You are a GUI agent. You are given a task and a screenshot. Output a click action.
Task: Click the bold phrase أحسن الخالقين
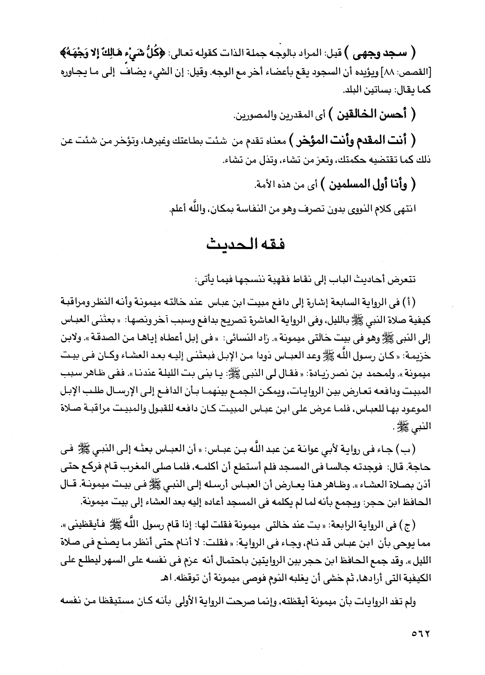370,115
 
